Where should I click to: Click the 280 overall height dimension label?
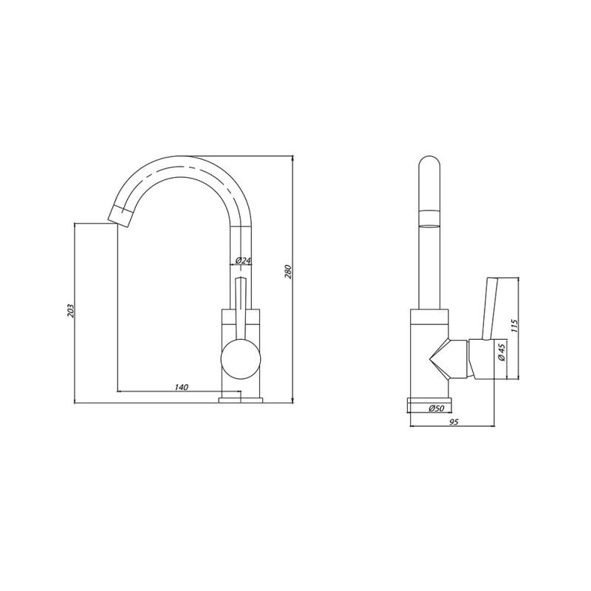pyautogui.click(x=287, y=272)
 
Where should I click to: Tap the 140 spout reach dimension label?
pyautogui.click(x=181, y=387)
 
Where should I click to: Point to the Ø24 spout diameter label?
pyautogui.click(x=243, y=261)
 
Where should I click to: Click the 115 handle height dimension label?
pyautogui.click(x=516, y=326)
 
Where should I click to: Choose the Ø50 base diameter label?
pyautogui.click(x=437, y=408)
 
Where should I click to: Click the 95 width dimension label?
pyautogui.click(x=454, y=422)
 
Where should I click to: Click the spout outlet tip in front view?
pyautogui.click(x=120, y=216)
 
